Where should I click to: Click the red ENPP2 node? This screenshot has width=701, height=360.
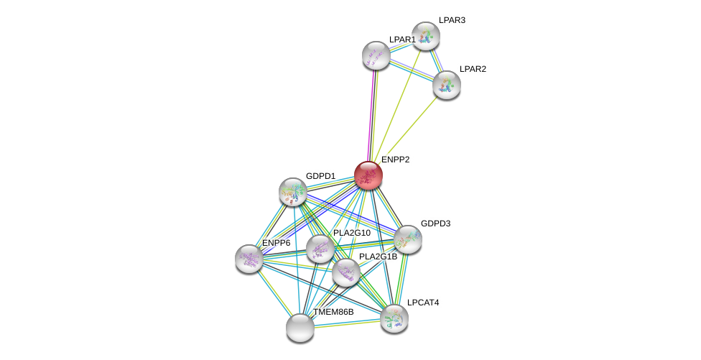coord(368,175)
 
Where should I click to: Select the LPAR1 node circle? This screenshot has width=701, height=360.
coord(376,55)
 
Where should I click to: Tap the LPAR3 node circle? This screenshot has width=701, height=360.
coord(426,36)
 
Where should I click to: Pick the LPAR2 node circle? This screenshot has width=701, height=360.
coord(447,85)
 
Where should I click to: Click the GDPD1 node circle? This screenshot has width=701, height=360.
coord(293,192)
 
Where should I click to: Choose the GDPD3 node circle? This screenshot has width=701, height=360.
coord(408,239)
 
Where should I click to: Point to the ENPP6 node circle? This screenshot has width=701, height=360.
coord(249,259)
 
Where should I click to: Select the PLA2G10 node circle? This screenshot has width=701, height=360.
coord(320,249)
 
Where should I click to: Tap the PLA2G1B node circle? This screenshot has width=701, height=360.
coord(346,272)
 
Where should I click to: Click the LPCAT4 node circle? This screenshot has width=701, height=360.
coord(394,318)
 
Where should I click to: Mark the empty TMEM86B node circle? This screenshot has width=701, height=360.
coord(300,328)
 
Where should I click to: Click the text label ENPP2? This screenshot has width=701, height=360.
coord(395,160)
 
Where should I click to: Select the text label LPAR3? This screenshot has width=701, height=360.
coord(452,20)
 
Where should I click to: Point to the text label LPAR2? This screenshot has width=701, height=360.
coord(473,69)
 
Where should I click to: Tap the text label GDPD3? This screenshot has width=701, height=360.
coord(435,223)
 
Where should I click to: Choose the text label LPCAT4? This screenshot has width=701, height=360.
coord(423,303)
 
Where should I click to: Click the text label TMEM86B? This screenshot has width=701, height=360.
coord(333,312)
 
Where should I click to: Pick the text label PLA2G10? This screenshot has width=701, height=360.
coord(352,233)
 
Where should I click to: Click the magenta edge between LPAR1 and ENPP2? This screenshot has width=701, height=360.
coord(371,115)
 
